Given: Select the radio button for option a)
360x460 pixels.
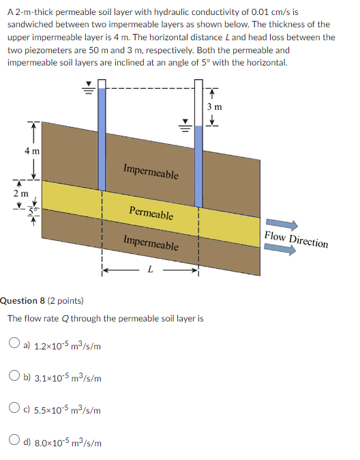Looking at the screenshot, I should pyautogui.click(x=14, y=345).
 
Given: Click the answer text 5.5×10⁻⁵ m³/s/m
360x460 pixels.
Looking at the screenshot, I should pyautogui.click(x=68, y=410).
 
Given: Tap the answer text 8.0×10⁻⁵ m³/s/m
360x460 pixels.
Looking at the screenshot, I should pyautogui.click(x=68, y=443).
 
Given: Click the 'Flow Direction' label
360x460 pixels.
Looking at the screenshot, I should pyautogui.click(x=296, y=240).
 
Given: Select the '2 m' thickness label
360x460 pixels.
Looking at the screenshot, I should pyautogui.click(x=20, y=194).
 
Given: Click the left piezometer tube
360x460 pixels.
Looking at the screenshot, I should pyautogui.click(x=102, y=136).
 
